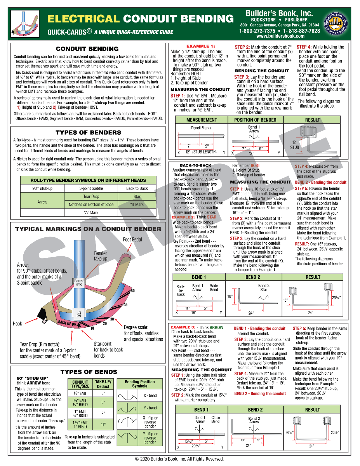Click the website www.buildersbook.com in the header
pyautogui.click(x=280, y=36)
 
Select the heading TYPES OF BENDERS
pyautogui.click(x=88, y=132)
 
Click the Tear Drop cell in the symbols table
pyautogui.click(x=92, y=196)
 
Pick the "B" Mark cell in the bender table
pyautogui.click(x=137, y=204)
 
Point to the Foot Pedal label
pyautogui.click(x=132, y=240)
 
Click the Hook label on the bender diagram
pyautogui.click(x=17, y=323)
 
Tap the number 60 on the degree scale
pyautogui.click(x=132, y=290)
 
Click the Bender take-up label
pyautogui.click(x=101, y=256)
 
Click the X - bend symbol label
pyautogui.click(x=150, y=395)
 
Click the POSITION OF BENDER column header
pyautogui.click(x=255, y=120)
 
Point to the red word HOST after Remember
pyautogui.click(x=256, y=165)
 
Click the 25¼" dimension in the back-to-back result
pyautogui.click(x=336, y=297)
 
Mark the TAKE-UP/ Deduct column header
pyautogui.click(x=103, y=384)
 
